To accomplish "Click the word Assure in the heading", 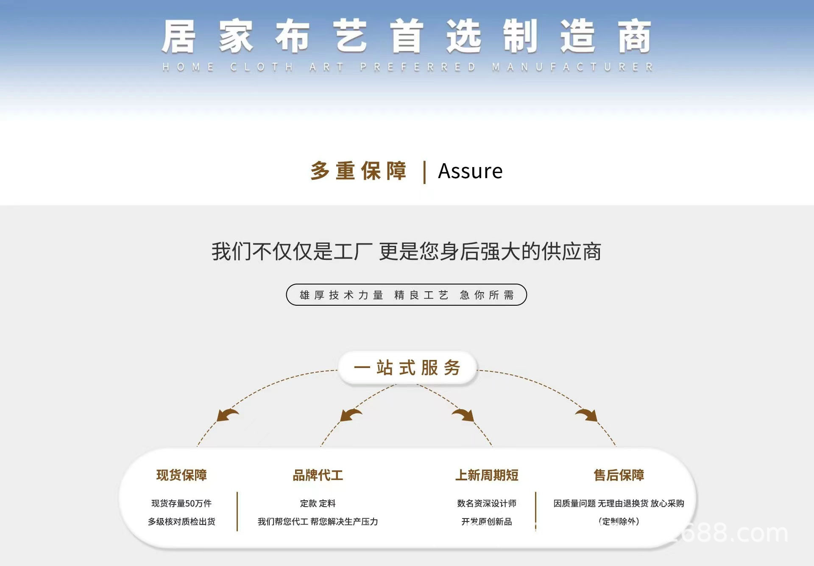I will [x=470, y=171].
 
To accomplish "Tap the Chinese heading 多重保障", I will [x=359, y=171].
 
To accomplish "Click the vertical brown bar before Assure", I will [x=424, y=172].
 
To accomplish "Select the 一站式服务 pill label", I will [x=407, y=368].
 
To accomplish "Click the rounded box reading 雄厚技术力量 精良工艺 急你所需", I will [x=406, y=295].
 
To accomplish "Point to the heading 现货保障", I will [x=181, y=475].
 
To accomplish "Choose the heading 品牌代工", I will [x=318, y=475].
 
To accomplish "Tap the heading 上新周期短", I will [x=487, y=475].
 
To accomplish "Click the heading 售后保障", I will [x=619, y=475].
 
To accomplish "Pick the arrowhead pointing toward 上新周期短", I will [x=465, y=415].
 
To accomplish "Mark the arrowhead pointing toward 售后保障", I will [x=588, y=415].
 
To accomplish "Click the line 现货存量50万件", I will [x=181, y=503].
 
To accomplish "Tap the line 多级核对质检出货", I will [x=181, y=521].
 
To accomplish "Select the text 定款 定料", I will [x=318, y=503].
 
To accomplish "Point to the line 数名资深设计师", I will [x=487, y=503].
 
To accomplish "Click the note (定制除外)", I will [x=619, y=521].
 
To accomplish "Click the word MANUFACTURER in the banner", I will [x=572, y=67].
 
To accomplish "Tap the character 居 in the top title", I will [x=178, y=37].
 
